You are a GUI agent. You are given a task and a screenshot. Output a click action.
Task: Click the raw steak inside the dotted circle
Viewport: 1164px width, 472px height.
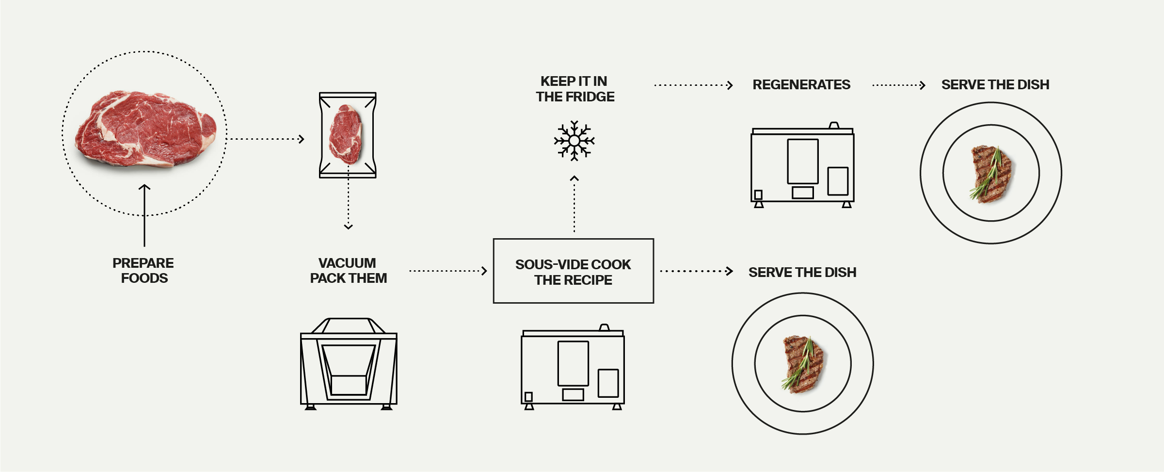(145, 130)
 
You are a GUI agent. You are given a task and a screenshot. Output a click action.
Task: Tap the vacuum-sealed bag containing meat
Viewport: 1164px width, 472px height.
(348, 135)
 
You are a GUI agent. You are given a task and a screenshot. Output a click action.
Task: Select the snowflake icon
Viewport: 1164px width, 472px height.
(574, 141)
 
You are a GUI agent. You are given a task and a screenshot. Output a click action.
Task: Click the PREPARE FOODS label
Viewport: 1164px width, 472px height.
(144, 270)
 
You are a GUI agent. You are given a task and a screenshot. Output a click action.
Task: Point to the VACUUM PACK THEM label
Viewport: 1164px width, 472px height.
(348, 270)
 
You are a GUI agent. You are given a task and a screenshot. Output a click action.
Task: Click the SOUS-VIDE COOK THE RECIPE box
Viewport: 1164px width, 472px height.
(574, 271)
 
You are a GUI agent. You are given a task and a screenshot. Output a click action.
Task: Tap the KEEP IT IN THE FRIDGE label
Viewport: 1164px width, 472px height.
(575, 89)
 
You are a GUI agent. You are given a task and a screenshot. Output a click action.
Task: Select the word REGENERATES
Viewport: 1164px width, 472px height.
(801, 85)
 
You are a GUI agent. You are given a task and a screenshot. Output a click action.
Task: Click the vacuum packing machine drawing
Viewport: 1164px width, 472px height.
(349, 364)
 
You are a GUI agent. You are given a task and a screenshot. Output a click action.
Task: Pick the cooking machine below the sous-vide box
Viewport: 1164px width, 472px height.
(573, 367)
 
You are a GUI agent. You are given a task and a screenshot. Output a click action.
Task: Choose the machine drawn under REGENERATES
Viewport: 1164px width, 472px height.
(803, 165)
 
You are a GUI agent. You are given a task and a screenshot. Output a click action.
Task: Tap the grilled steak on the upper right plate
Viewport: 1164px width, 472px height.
(992, 174)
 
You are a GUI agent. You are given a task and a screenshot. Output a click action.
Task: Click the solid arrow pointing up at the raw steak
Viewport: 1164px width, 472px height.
(144, 215)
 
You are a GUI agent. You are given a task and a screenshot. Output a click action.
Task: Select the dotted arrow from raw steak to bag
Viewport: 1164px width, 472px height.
(266, 139)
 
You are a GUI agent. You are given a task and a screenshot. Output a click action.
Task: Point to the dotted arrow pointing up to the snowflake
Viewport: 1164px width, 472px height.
(574, 204)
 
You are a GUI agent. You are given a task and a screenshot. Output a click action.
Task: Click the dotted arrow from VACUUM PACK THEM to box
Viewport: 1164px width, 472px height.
(448, 271)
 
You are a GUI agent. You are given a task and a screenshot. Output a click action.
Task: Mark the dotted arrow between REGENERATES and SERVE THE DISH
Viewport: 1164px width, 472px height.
(899, 85)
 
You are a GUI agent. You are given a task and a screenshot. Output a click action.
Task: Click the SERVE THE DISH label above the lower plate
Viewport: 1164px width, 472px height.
(802, 273)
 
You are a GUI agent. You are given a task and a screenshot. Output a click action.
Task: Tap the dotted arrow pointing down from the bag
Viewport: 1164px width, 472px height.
(349, 197)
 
